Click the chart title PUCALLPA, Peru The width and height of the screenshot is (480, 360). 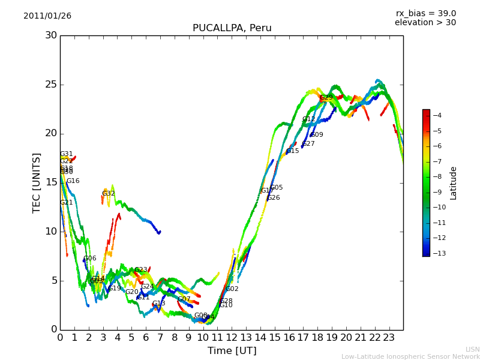point(232,28)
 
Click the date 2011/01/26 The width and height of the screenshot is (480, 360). point(47,16)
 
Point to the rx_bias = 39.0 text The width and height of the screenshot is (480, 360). point(425,13)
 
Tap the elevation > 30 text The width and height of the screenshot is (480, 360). point(425,23)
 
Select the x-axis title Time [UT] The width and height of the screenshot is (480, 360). point(232,350)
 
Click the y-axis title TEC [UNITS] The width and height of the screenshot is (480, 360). point(37,182)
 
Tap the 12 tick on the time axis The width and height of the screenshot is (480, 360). point(232,337)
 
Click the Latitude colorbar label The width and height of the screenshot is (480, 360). point(454,183)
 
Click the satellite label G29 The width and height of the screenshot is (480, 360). point(326,97)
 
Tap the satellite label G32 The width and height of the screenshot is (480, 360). point(108,193)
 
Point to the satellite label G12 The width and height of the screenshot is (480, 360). point(308,119)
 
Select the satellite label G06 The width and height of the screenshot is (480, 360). point(89,259)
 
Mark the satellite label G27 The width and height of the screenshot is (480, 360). point(308,144)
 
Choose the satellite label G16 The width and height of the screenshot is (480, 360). point(73,181)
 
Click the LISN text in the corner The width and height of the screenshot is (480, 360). point(472,349)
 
